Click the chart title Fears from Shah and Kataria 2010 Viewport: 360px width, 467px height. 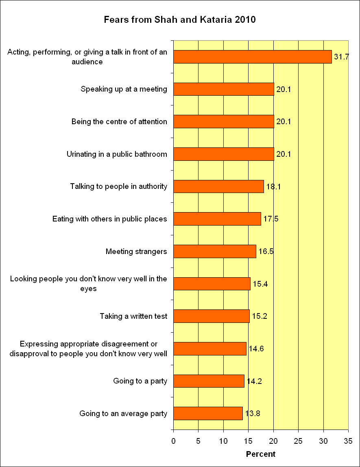(x=180, y=20)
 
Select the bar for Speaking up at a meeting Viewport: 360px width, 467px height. (x=224, y=89)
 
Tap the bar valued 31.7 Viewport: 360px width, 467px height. (x=253, y=57)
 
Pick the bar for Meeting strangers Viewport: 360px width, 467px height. (x=215, y=251)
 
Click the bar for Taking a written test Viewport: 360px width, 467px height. (x=212, y=316)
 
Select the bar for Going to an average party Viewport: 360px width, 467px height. (x=208, y=414)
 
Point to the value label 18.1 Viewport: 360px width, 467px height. (x=273, y=187)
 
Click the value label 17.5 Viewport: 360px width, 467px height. (x=271, y=219)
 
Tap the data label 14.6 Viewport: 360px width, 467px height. (x=256, y=349)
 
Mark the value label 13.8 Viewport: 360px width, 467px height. (x=252, y=414)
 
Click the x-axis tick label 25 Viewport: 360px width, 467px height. (x=299, y=441)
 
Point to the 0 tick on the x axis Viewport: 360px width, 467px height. (x=174, y=441)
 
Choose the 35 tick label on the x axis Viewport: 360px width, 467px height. (x=348, y=441)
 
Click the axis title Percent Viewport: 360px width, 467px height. (x=261, y=454)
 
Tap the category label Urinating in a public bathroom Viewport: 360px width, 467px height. (x=117, y=154)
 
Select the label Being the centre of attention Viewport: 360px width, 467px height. (x=119, y=122)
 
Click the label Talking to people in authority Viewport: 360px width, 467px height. (x=118, y=186)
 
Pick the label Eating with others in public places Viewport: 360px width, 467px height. (x=110, y=219)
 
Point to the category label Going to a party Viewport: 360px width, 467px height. (x=140, y=381)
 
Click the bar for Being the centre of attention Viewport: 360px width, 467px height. (x=224, y=122)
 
